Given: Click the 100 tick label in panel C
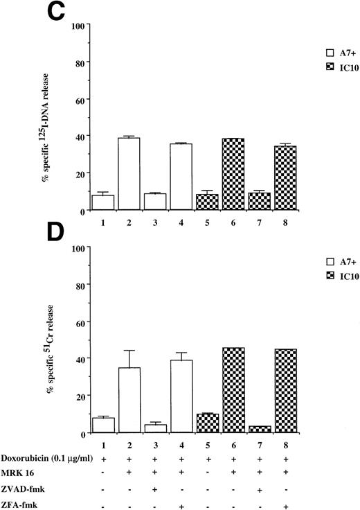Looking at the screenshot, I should pyautogui.click(x=78, y=26).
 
